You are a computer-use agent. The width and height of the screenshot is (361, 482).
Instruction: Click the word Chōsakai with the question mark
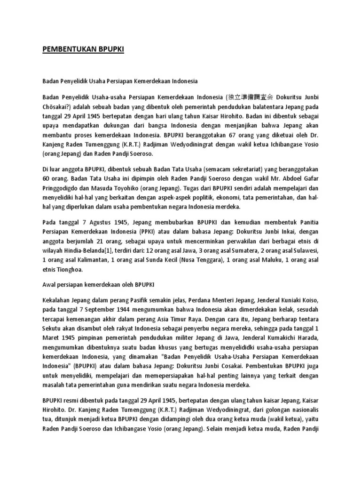pos(55,107)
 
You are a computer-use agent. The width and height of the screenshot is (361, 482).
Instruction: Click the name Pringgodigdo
pos(62,188)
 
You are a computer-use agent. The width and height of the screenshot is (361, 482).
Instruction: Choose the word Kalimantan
pos(84,260)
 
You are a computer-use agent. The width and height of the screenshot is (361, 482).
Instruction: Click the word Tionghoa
pos(69,270)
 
